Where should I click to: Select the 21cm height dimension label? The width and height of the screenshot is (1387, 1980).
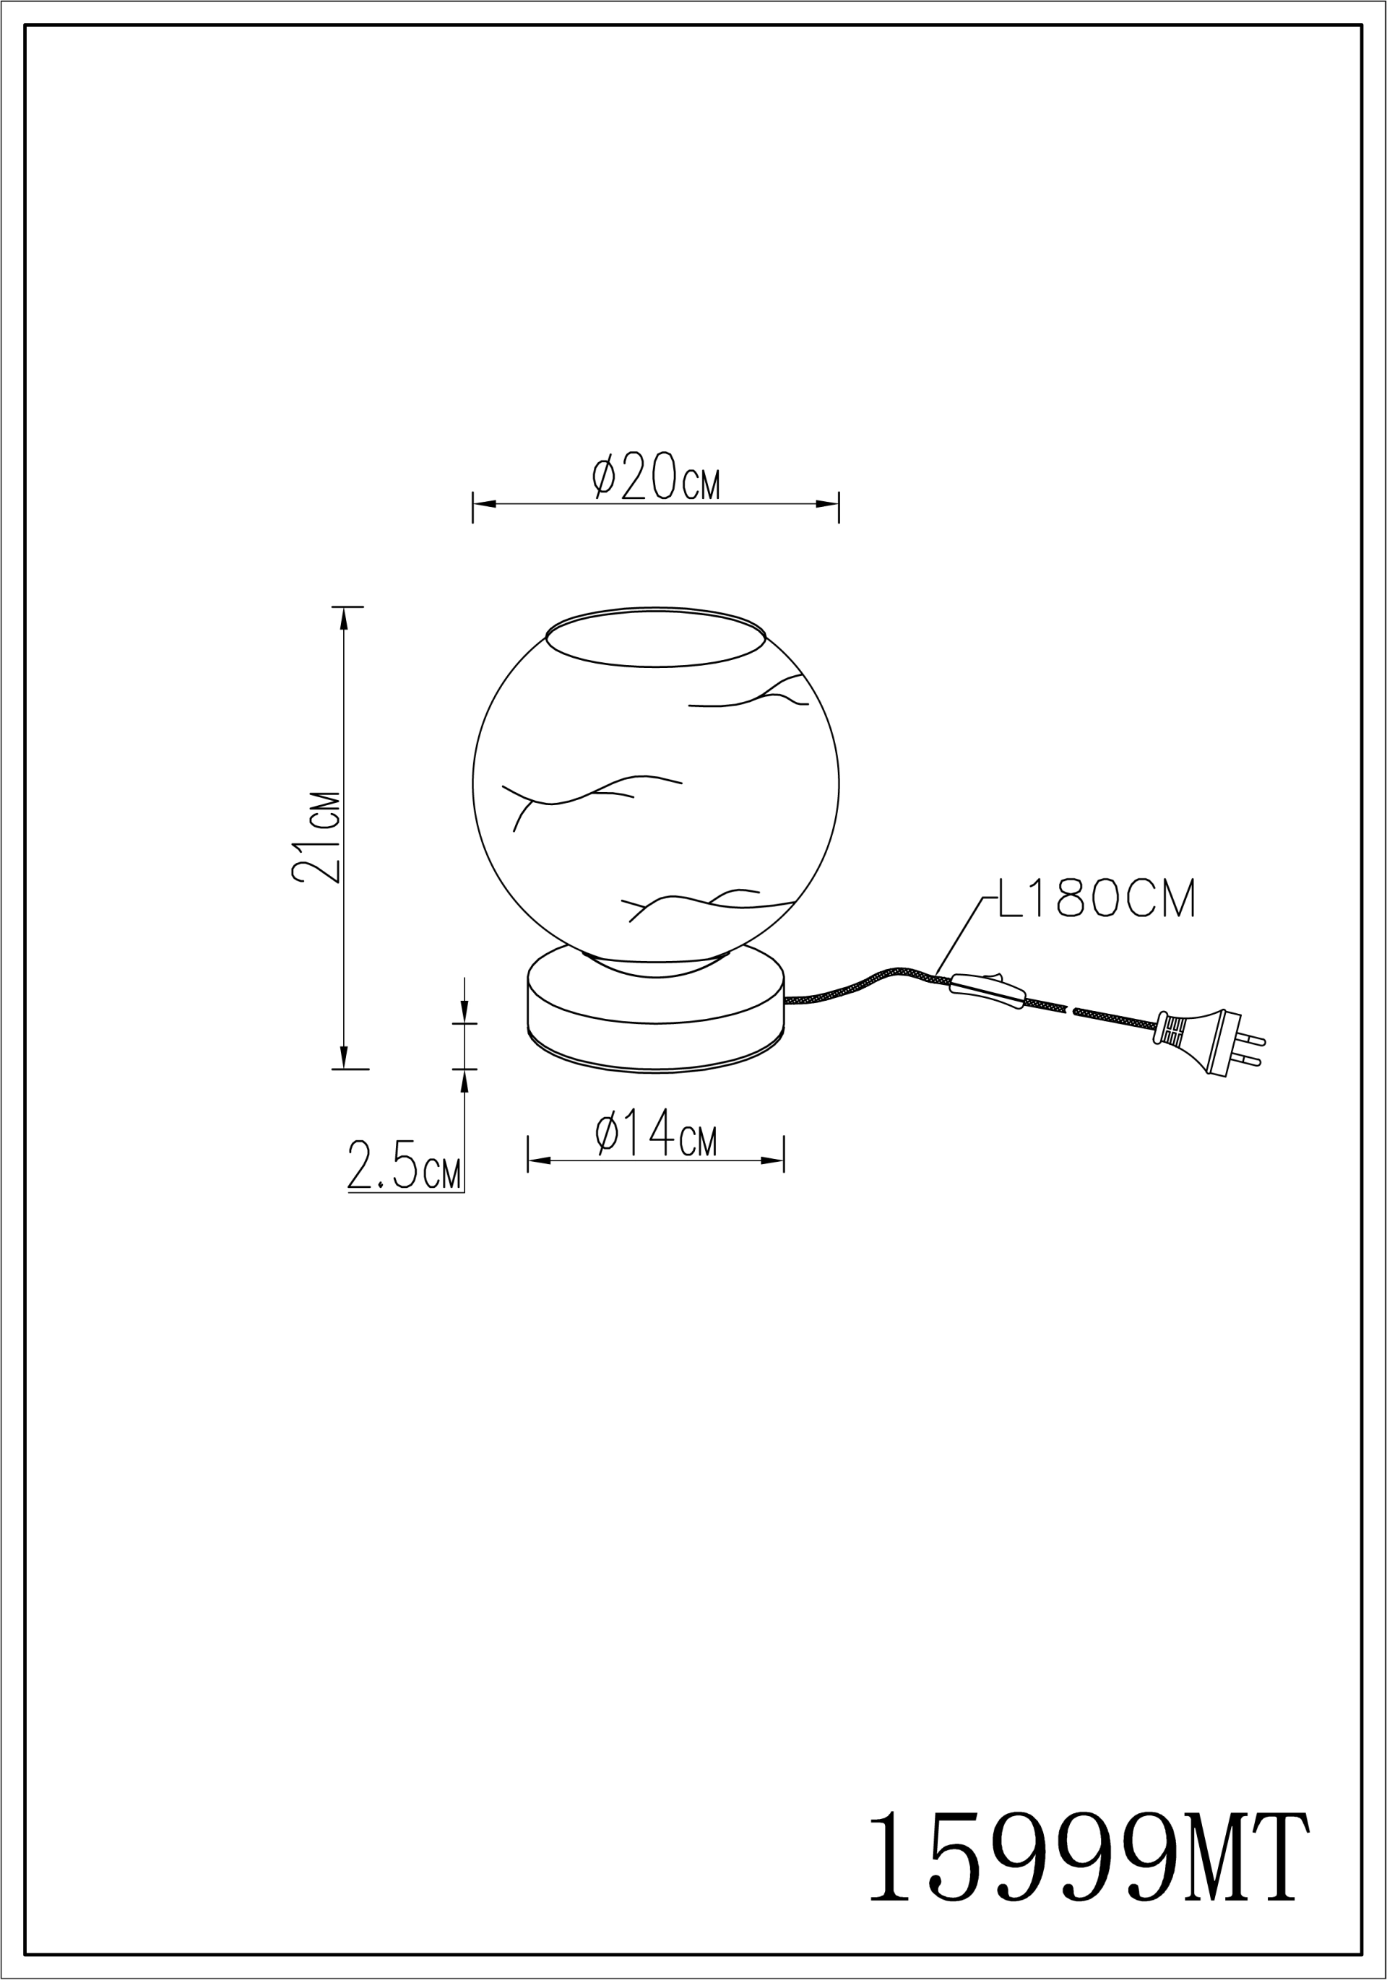(316, 836)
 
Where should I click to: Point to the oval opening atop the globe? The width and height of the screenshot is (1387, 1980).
(655, 638)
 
